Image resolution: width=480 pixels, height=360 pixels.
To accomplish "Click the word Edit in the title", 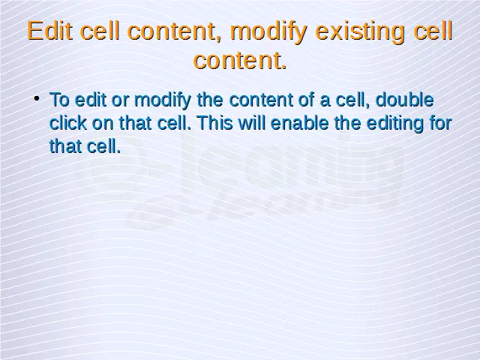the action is coord(50,31).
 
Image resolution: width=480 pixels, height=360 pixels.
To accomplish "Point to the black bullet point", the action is coord(37,98).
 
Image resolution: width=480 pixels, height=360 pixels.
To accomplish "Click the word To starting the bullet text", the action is coord(59,100).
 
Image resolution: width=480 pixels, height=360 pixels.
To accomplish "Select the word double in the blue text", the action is coord(404,100).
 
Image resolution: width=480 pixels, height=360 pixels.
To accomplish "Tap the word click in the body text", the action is coord(68,123).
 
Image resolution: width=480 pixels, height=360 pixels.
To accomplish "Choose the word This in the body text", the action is coord(215,123).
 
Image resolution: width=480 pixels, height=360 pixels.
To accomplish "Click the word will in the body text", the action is coord(252,123).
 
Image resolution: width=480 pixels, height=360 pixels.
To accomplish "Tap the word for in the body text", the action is coord(441,123).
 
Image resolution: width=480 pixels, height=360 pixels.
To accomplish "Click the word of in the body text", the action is coord(307,100).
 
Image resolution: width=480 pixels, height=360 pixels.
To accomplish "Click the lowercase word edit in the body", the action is coord(90,100).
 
